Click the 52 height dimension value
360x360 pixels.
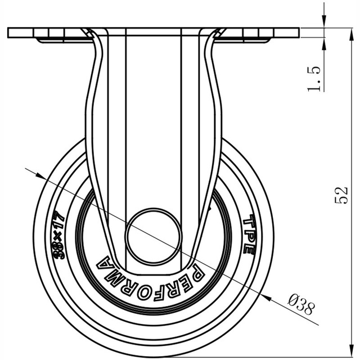(x=341, y=195)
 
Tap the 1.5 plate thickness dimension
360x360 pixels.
(x=314, y=79)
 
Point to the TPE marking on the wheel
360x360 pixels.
(x=249, y=235)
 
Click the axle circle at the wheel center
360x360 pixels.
(x=154, y=236)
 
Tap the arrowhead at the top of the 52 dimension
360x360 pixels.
(x=351, y=34)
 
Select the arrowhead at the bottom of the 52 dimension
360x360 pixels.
(x=351, y=350)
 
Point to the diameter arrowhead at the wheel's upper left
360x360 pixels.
(x=40, y=175)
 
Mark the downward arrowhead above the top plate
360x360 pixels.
(x=324, y=21)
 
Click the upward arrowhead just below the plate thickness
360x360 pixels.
(x=324, y=44)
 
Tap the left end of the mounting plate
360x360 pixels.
(x=8, y=33)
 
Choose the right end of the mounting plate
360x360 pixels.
(x=299, y=33)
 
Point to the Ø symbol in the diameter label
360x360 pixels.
(x=293, y=299)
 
